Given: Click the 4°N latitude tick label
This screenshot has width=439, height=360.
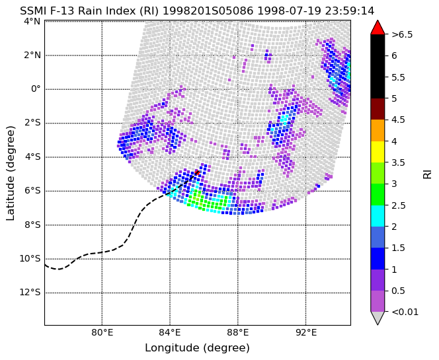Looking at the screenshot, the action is (x=32, y=21).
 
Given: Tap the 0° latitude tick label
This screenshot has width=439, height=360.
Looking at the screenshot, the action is (x=36, y=89).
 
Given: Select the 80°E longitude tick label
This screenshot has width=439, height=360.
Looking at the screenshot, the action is (x=102, y=333).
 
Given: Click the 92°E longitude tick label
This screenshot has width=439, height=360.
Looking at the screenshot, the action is (x=305, y=333).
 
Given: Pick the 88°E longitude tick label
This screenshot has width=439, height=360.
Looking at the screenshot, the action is (x=238, y=333).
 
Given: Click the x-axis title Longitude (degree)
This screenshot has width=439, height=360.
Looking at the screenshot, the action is (x=197, y=348).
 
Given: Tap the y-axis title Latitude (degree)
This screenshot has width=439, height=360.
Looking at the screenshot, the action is (x=10, y=173).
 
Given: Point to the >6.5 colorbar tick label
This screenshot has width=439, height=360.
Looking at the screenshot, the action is (x=403, y=35).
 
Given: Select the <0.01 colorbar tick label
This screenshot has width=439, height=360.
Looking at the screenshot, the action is (x=405, y=312).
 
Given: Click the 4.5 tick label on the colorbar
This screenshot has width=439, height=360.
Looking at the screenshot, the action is (x=399, y=120).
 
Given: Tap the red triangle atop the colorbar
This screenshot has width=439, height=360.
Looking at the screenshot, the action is (x=378, y=27).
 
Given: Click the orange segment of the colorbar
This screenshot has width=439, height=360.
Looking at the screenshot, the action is (x=378, y=130).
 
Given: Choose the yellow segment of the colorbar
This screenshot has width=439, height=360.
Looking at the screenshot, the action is (x=378, y=152).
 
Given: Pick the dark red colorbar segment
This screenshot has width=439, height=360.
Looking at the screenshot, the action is (x=378, y=109).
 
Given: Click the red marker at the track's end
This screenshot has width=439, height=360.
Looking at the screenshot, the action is (x=198, y=172).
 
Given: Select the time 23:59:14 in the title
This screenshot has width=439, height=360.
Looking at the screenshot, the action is (x=350, y=11).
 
